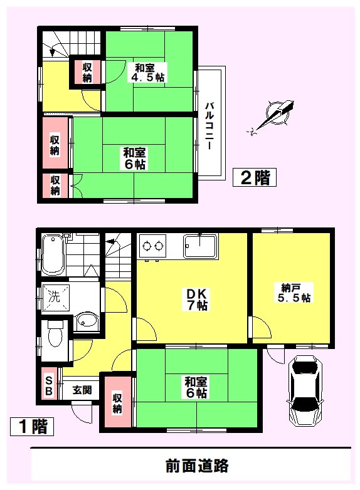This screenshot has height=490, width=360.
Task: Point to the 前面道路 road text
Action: click(x=197, y=466)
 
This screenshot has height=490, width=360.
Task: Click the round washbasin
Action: click(x=85, y=323)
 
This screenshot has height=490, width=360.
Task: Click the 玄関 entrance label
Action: click(x=81, y=389)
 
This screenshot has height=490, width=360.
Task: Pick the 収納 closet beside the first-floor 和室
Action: click(x=117, y=402)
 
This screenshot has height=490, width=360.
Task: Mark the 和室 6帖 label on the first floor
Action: click(x=196, y=387)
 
